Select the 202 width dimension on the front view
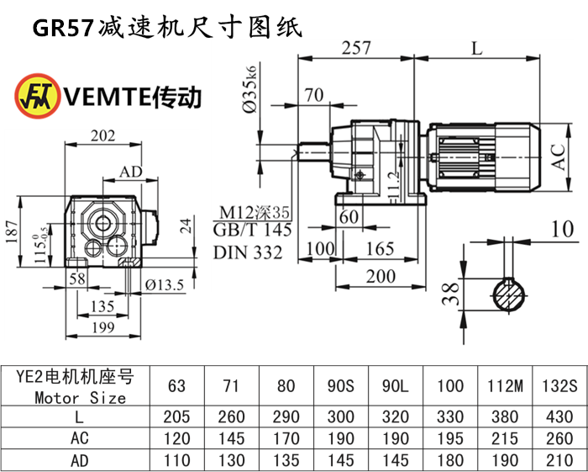click(103, 135)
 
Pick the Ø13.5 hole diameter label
click(164, 285)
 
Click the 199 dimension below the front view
click(103, 327)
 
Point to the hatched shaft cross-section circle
click(508, 294)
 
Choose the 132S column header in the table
click(558, 386)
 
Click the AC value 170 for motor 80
click(286, 439)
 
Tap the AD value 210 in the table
click(558, 460)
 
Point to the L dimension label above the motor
click(477, 48)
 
